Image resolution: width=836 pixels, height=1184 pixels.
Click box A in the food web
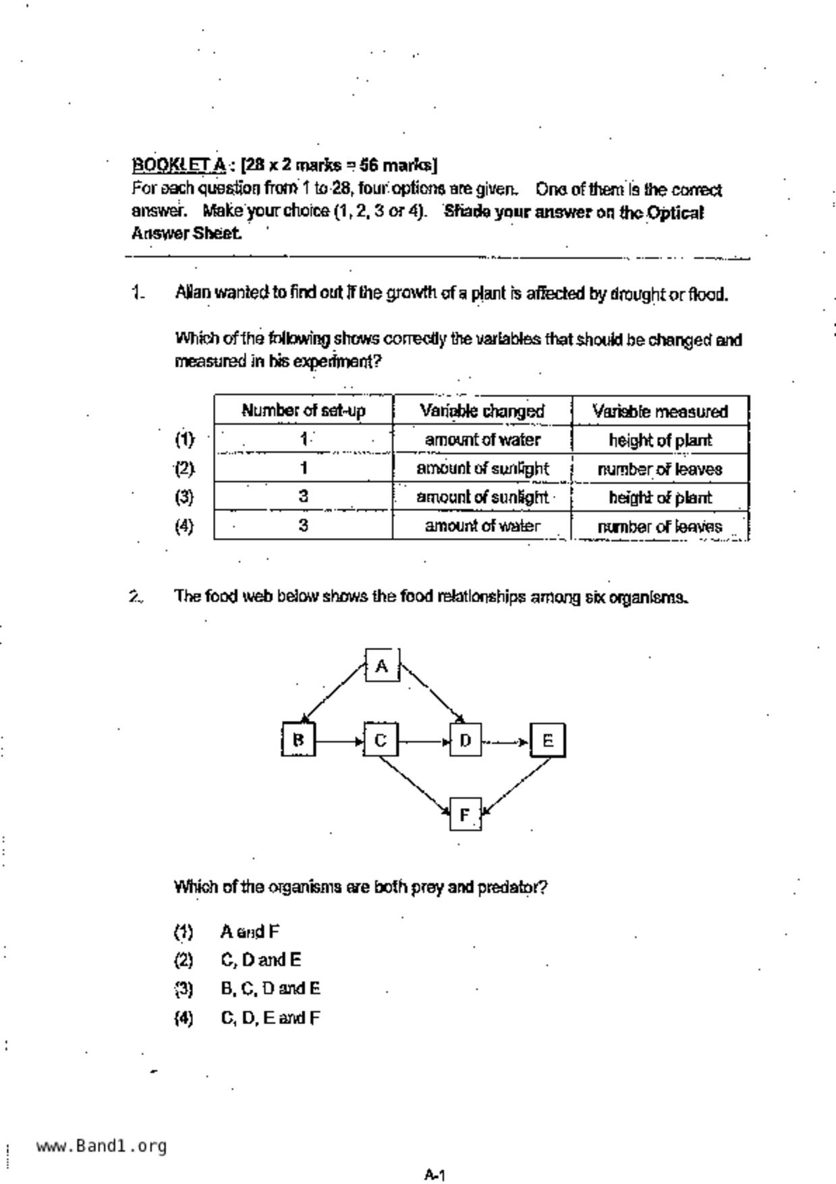382,666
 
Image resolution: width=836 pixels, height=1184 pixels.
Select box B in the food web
298,739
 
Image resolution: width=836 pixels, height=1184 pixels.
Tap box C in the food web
381,740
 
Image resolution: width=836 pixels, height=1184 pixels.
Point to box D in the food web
466,741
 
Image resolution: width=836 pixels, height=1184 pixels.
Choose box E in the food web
547,741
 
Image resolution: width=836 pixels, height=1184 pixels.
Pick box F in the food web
465,815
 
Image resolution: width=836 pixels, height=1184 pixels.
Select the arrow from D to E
506,742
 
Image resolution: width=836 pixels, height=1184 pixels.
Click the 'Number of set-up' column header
304,410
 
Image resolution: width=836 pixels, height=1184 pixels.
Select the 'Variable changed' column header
482,410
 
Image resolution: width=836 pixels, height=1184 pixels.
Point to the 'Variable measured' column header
660,411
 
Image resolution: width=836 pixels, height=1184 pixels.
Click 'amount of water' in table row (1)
482,440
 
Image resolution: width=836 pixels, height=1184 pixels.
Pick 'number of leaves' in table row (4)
660,527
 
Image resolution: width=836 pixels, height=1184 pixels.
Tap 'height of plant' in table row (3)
660,497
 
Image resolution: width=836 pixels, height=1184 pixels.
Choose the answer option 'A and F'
250,932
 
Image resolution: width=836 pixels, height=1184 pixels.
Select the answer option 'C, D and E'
260,960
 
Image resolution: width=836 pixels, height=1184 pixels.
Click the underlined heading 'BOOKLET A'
179,165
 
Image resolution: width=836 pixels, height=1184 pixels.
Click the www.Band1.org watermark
101,1146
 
